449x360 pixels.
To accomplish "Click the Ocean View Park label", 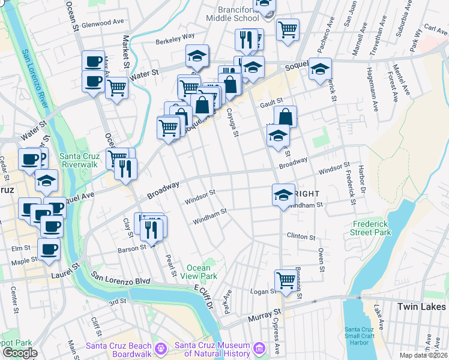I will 199,272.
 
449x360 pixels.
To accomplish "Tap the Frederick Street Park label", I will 372,228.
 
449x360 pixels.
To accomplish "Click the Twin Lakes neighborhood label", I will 422,307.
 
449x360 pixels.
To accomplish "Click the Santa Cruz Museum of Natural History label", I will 212,349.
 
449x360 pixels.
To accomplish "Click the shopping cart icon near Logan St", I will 286,280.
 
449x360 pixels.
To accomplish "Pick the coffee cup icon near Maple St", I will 49,248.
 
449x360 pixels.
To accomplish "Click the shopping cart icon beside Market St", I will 116,88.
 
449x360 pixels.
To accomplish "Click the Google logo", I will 19,353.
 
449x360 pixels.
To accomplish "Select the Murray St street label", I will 268,314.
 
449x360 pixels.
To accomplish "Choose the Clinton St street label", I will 300,237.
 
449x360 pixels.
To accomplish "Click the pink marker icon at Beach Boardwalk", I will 160,348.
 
